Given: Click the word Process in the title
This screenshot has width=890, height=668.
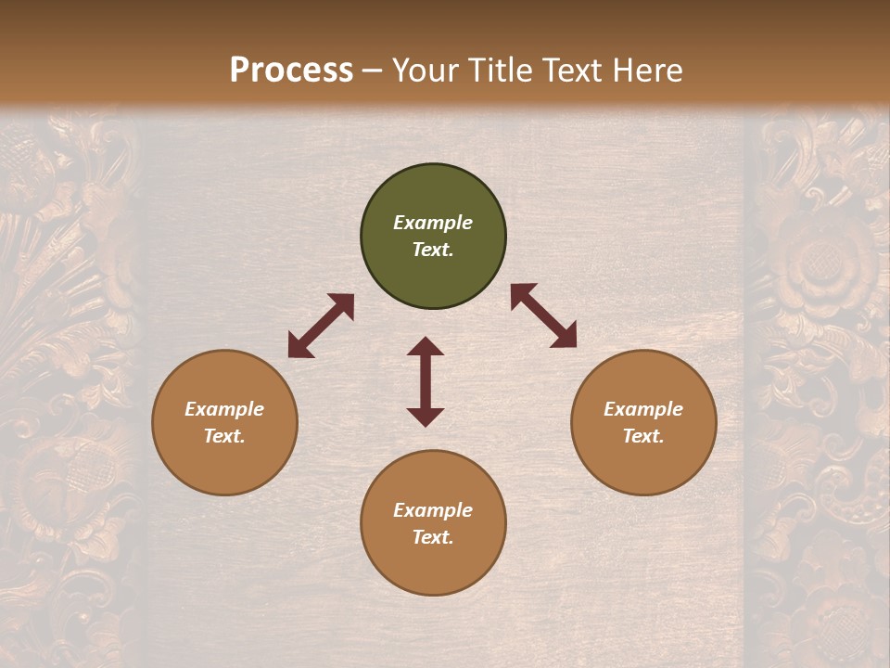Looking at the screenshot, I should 291,71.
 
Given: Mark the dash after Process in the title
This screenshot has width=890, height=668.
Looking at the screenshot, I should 373,71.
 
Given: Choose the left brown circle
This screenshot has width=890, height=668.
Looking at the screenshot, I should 224,422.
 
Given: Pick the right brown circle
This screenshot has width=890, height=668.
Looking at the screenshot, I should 643,422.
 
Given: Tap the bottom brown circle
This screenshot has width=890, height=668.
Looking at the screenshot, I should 433,523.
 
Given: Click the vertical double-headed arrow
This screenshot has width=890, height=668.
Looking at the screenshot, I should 426,381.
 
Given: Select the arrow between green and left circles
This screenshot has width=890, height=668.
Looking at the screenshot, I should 321,326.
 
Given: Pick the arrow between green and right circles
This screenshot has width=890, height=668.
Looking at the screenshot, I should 544,315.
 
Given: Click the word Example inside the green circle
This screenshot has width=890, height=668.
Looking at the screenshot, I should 433,223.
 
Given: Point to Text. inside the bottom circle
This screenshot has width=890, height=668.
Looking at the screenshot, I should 433,537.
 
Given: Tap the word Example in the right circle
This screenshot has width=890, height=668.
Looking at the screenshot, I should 643,409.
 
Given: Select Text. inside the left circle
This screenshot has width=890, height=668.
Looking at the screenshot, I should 224,436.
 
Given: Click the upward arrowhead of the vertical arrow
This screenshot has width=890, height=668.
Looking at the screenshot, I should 426,346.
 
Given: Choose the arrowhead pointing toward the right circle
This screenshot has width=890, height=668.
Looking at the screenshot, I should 565,336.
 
